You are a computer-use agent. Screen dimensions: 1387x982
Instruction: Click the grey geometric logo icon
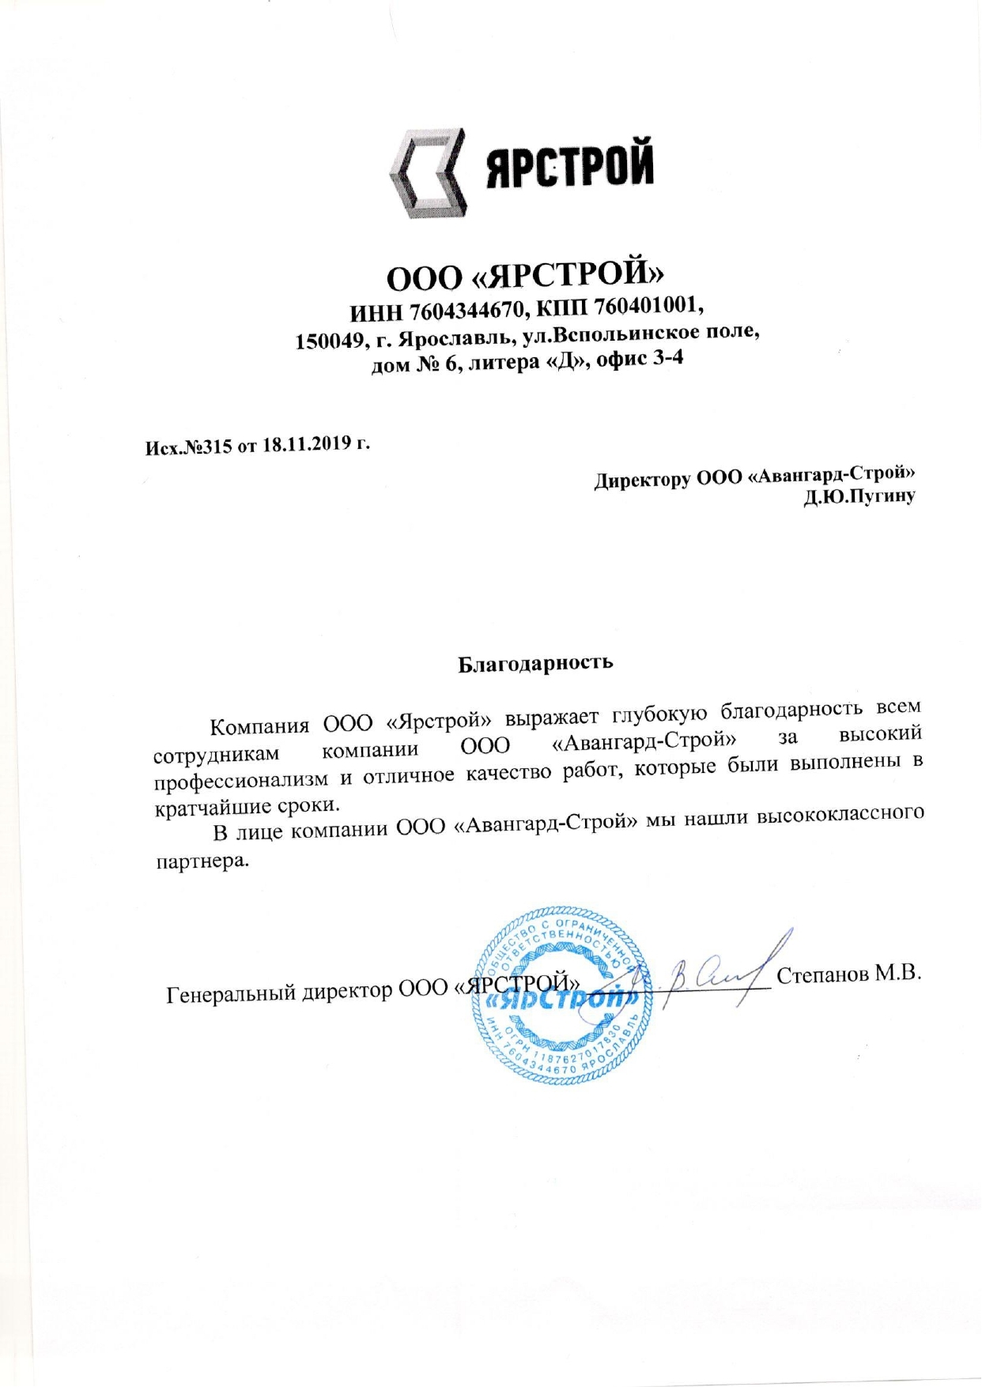426,172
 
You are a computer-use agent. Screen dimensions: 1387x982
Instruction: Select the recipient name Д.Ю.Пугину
859,497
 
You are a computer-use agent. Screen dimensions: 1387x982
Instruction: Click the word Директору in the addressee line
642,480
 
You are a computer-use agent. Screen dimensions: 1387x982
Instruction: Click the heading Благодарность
535,661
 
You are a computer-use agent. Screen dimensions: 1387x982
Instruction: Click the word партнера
202,860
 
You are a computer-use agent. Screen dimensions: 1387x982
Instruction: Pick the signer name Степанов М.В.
849,974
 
